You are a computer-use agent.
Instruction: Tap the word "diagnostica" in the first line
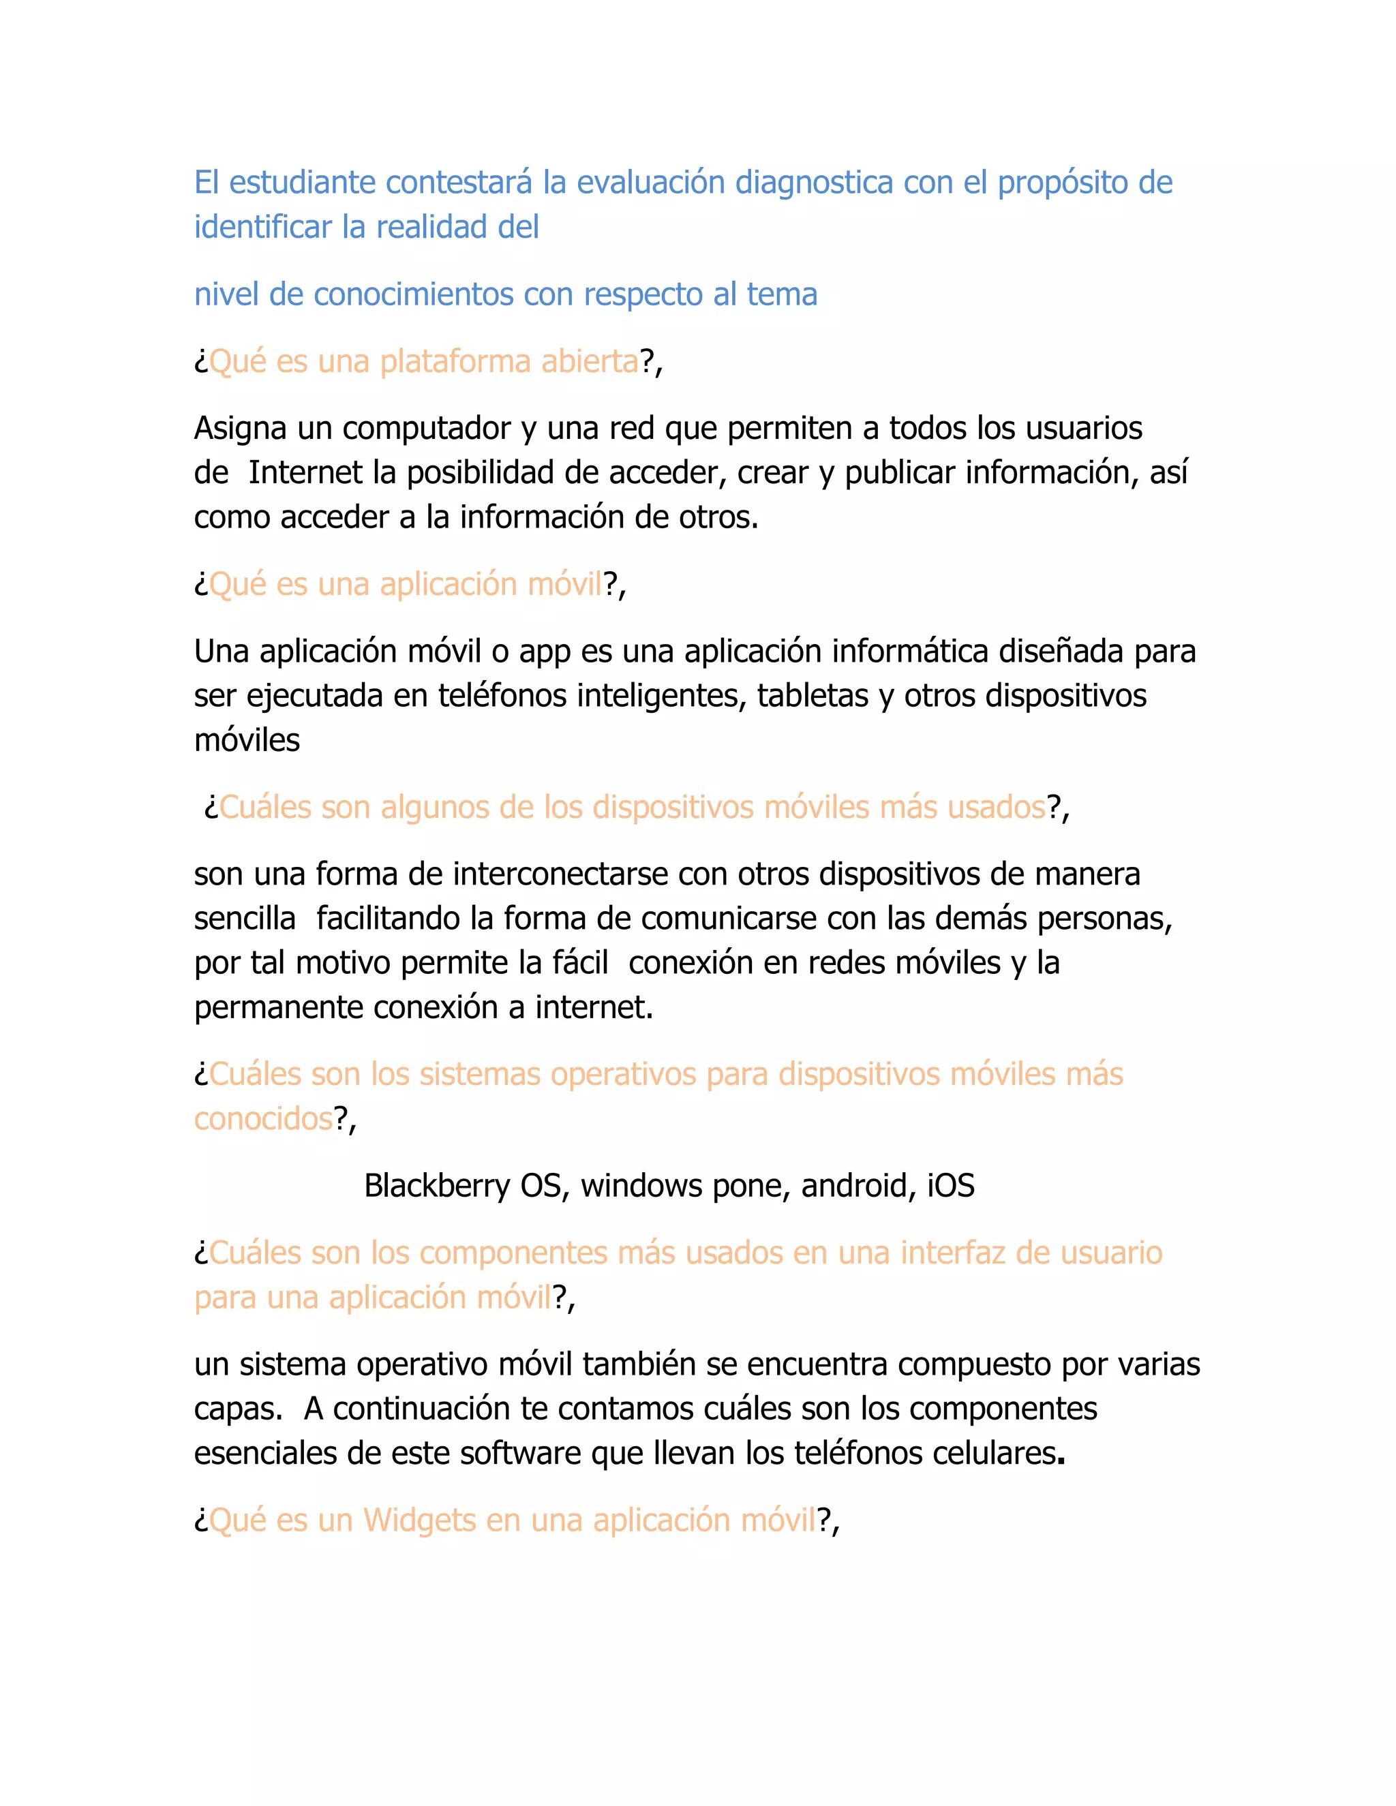click(x=814, y=183)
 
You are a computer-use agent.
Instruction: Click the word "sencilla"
click(x=245, y=919)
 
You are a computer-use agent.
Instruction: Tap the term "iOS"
click(x=950, y=1187)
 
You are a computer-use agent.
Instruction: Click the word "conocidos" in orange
click(x=263, y=1120)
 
